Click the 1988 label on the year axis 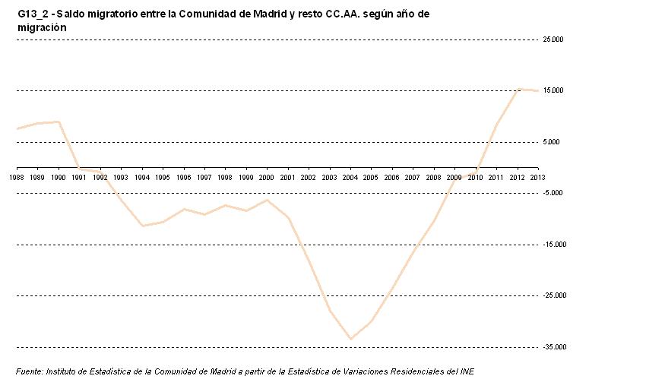17,177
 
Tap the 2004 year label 350,177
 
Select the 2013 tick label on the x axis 537,177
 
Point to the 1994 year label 141,177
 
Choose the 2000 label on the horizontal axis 266,177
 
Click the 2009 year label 454,177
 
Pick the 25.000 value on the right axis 553,39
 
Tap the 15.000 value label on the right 553,90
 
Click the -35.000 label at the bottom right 552,347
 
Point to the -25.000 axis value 552,295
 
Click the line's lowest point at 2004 350,339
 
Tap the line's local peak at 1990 59,122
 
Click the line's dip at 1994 142,226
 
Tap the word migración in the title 42,27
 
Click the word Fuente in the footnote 29,371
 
